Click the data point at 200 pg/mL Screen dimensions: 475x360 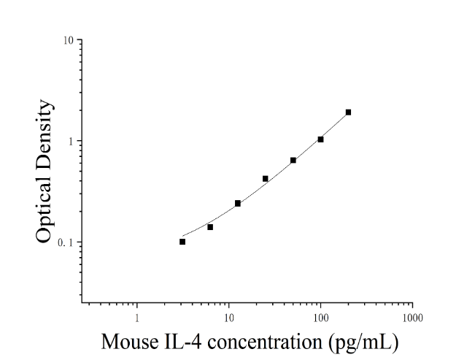[x=348, y=112]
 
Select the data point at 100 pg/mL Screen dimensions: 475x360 [x=320, y=139]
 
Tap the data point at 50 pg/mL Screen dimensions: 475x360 [x=293, y=160]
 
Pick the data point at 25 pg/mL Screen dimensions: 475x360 [x=266, y=179]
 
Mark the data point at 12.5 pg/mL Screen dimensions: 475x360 [x=238, y=203]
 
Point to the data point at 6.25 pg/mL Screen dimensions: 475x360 [x=210, y=227]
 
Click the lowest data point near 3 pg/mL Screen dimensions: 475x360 [x=182, y=242]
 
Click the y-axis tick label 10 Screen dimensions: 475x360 [x=69, y=40]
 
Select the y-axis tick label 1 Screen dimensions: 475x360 [x=72, y=142]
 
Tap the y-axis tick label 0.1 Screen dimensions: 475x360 [x=66, y=242]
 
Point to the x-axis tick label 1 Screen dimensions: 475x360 [x=137, y=318]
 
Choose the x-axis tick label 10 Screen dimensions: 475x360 [x=229, y=318]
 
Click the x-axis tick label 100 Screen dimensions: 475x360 [x=320, y=318]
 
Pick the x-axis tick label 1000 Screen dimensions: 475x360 [x=412, y=318]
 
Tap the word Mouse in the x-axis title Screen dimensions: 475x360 [x=130, y=342]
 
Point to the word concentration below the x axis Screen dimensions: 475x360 [x=265, y=342]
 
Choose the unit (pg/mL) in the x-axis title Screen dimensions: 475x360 [x=363, y=342]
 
